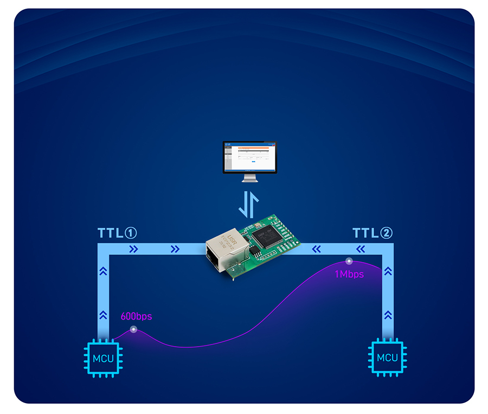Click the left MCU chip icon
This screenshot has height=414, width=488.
(x=103, y=358)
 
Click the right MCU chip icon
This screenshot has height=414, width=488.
(x=387, y=358)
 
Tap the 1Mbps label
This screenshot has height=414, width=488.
(x=349, y=275)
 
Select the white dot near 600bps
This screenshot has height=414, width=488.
(x=134, y=330)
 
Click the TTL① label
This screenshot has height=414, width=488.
(x=117, y=233)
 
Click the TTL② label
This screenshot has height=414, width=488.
(x=373, y=233)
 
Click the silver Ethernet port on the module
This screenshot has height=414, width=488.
(x=225, y=250)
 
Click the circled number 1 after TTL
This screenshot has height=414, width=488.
(x=130, y=233)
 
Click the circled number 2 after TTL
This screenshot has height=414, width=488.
(x=386, y=233)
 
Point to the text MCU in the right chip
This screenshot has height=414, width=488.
(x=387, y=358)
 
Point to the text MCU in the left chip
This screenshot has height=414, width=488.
(x=103, y=358)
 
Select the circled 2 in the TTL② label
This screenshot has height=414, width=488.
(x=386, y=233)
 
